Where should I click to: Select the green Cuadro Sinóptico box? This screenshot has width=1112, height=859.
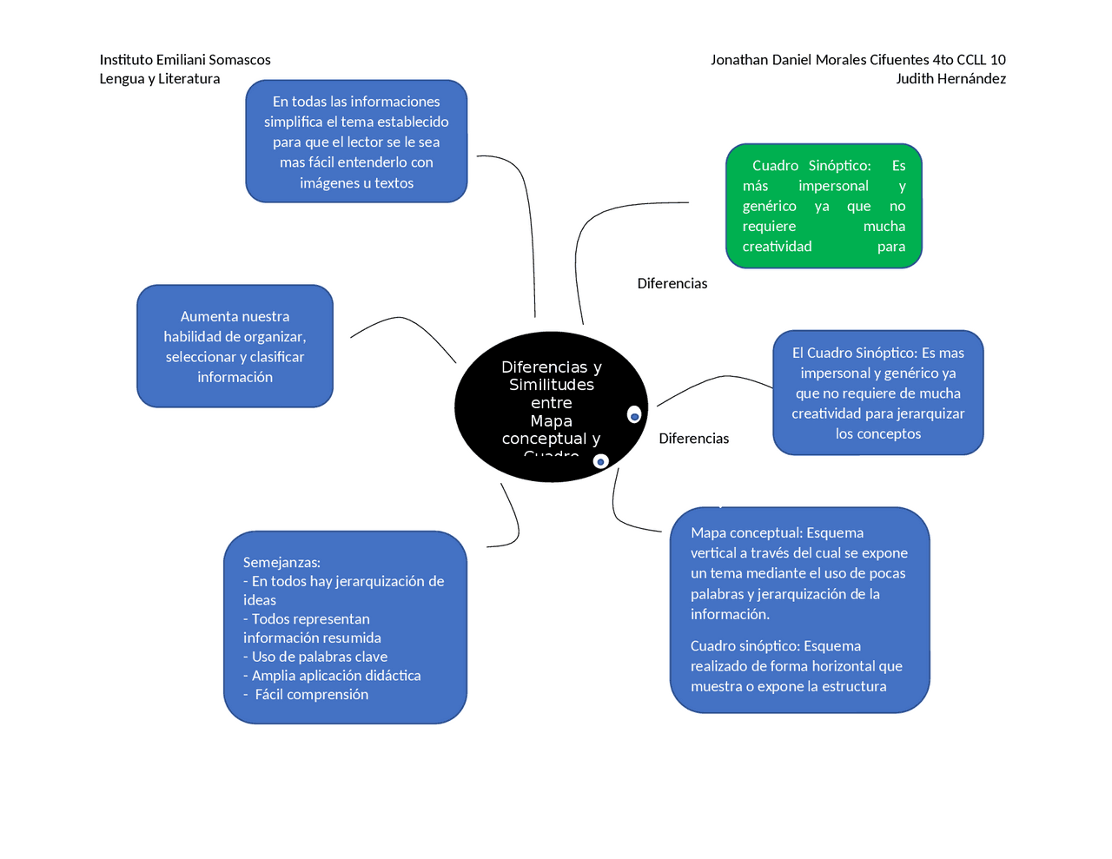(x=823, y=206)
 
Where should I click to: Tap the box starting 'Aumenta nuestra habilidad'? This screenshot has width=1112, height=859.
(x=235, y=347)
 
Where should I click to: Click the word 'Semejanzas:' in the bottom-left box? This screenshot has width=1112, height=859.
(x=281, y=562)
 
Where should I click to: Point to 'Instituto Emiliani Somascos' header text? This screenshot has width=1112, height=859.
(x=185, y=60)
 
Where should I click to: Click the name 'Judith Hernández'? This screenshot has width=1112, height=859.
(x=950, y=79)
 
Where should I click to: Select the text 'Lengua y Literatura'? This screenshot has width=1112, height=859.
(x=160, y=79)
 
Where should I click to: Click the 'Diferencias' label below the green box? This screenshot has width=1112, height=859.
(x=672, y=284)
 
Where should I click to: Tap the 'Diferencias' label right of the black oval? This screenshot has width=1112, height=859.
(x=693, y=439)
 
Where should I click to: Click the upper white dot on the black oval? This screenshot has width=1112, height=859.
(x=634, y=415)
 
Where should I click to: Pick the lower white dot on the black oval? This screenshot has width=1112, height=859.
(x=600, y=461)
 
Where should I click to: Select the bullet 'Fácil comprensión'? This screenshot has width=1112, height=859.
(x=310, y=694)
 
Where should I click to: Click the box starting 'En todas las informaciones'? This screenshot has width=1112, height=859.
(x=356, y=142)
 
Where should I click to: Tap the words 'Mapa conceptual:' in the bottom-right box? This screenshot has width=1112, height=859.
(x=745, y=533)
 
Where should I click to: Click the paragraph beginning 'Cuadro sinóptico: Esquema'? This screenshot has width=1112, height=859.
(x=796, y=666)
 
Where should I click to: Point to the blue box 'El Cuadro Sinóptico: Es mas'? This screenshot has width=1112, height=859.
(x=877, y=393)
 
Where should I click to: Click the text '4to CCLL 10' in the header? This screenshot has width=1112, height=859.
(x=969, y=60)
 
